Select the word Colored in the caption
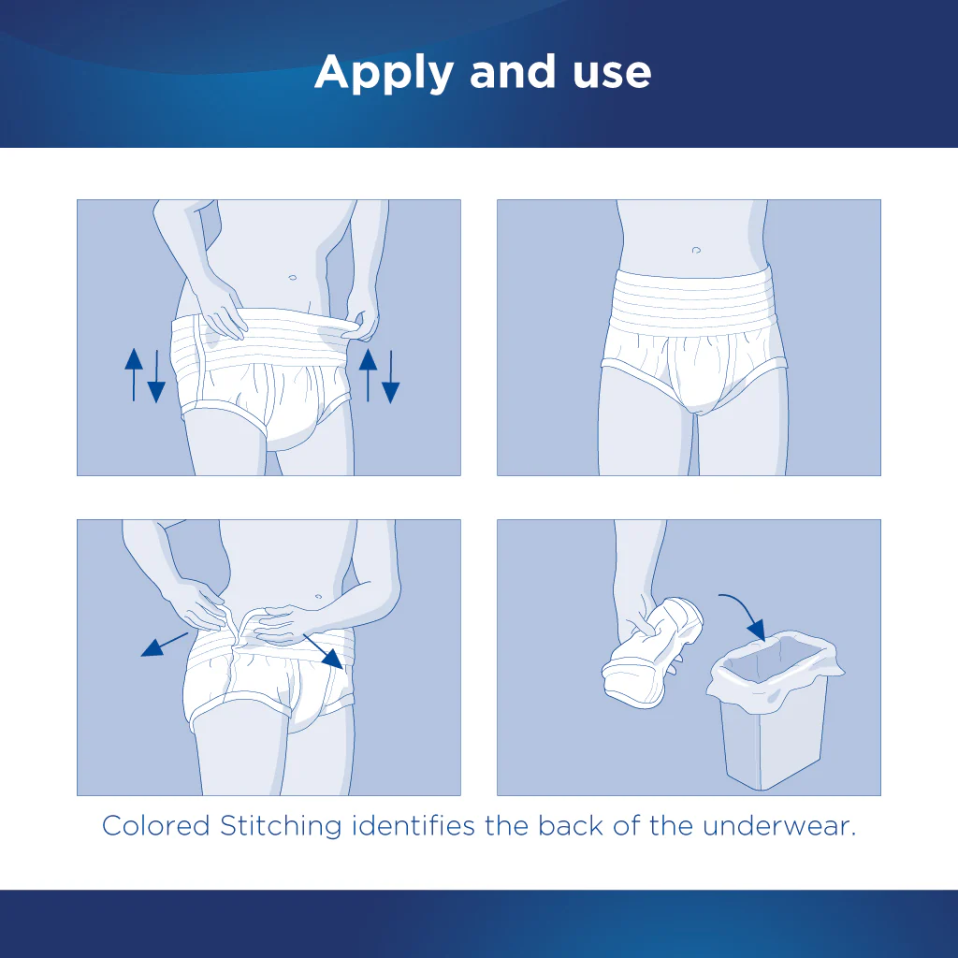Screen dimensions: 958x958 [154, 826]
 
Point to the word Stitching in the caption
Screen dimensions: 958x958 [280, 827]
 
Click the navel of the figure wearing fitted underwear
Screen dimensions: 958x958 [696, 250]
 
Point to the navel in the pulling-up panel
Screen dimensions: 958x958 [293, 278]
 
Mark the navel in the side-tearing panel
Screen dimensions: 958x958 [320, 595]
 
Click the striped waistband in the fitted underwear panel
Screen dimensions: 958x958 [692, 295]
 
